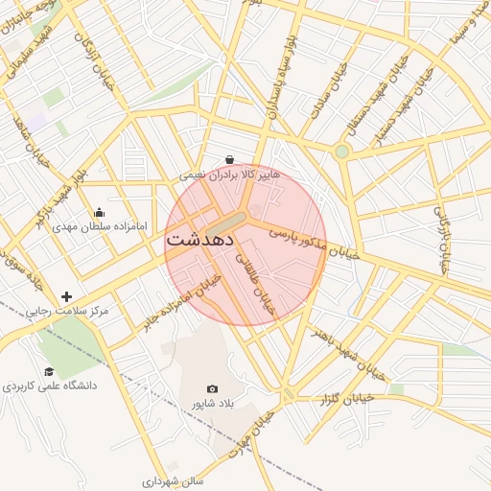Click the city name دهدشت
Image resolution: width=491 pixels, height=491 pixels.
point(204,241)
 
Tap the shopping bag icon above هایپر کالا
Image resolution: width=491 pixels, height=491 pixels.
point(229,159)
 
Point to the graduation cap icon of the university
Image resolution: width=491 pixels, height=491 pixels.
point(49,371)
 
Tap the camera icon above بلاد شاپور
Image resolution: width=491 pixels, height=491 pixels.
point(212,389)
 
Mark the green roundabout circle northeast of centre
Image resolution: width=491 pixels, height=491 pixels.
point(342,151)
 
